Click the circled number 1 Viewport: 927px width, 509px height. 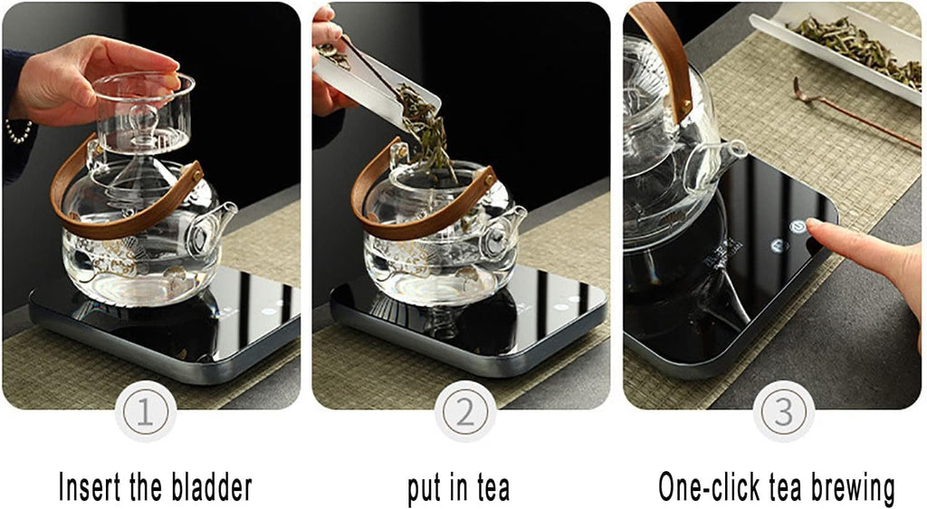(146, 411)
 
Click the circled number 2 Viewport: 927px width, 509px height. (464, 411)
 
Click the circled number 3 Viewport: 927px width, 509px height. (783, 411)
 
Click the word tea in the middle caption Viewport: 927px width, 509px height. (490, 489)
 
